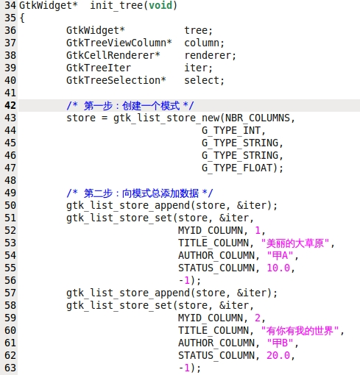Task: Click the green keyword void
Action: [x=160, y=5]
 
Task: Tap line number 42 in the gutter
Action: [x=10, y=105]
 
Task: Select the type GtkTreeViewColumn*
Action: [x=119, y=43]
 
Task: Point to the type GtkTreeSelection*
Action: [x=116, y=80]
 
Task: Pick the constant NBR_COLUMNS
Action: [x=258, y=118]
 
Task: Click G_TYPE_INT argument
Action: [x=230, y=130]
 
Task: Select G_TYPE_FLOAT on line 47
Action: [x=236, y=168]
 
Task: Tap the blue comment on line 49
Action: [x=139, y=193]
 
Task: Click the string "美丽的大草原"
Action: [x=295, y=243]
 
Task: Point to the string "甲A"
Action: [x=280, y=256]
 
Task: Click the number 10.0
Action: [x=278, y=268]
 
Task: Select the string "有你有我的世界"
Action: [x=300, y=331]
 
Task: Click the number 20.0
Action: [x=278, y=355]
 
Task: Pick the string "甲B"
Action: [x=280, y=343]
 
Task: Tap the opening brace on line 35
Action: [x=22, y=18]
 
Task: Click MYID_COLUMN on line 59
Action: [x=211, y=318]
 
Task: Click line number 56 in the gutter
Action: [x=10, y=280]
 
